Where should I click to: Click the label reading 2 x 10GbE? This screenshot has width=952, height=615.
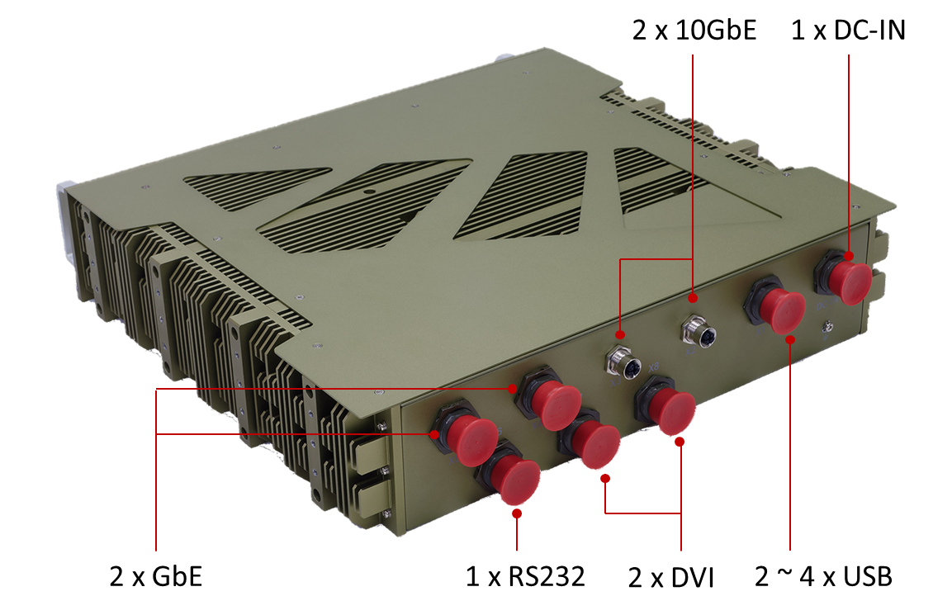[x=694, y=30]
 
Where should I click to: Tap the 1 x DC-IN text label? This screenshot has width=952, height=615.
[x=848, y=30]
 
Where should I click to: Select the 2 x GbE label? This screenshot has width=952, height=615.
[x=155, y=576]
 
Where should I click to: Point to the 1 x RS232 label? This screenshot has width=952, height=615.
[x=525, y=576]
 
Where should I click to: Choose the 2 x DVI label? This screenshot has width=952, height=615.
[x=671, y=577]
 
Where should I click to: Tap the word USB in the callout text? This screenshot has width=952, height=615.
[x=868, y=576]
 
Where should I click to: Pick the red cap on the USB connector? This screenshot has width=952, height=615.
[x=783, y=310]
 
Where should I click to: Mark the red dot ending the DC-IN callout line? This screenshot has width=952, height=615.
[x=849, y=256]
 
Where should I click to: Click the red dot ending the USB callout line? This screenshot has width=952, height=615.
[x=790, y=340]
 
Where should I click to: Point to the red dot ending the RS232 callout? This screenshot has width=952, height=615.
[x=517, y=513]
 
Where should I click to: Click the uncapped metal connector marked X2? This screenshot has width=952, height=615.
[x=699, y=331]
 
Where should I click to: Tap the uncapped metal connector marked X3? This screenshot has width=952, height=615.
[x=624, y=362]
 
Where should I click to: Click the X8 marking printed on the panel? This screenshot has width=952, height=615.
[x=653, y=367]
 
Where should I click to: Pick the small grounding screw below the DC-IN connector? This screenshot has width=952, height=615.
[x=827, y=328]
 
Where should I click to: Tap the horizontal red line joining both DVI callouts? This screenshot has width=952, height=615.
[x=643, y=513]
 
